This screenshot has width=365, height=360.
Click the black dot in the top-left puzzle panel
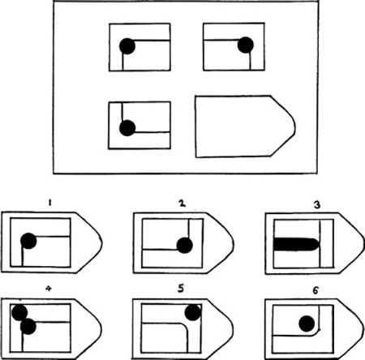pyautogui.click(x=127, y=46)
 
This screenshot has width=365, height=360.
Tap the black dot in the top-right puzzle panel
pyautogui.click(x=246, y=45)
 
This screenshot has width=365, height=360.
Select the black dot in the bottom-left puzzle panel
pyautogui.click(x=127, y=128)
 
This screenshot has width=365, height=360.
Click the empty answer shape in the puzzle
pyautogui.click(x=245, y=126)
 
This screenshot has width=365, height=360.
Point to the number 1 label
pyautogui.click(x=49, y=203)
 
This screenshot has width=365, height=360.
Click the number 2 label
pyautogui.click(x=182, y=204)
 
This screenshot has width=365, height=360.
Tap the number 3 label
pyautogui.click(x=317, y=205)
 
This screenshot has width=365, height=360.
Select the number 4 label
pyautogui.click(x=48, y=289)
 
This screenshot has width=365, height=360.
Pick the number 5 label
pyautogui.click(x=181, y=289)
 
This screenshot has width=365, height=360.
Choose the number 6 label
pyautogui.click(x=316, y=290)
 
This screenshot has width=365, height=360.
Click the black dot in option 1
pyautogui.click(x=28, y=241)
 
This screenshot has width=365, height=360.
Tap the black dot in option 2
pyautogui.click(x=185, y=246)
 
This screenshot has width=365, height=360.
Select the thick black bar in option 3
pyautogui.click(x=296, y=244)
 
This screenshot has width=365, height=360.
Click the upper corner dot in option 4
pyautogui.click(x=19, y=313)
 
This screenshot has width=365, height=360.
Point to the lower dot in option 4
pyautogui.click(x=28, y=327)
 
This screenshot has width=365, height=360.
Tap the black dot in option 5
pyautogui.click(x=193, y=313)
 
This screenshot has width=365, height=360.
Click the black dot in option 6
pyautogui.click(x=307, y=324)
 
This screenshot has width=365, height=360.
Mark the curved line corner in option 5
pyautogui.click(x=184, y=327)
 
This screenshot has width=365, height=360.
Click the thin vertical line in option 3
pyautogui.click(x=320, y=243)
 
